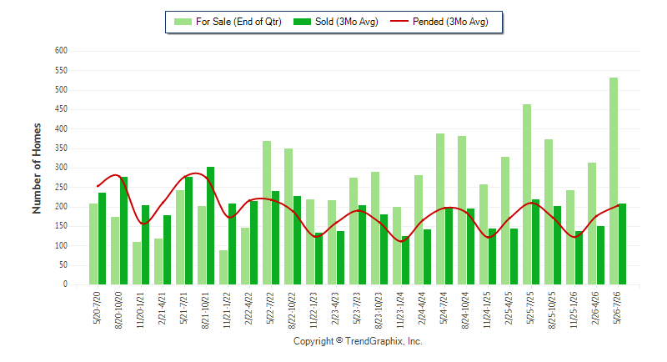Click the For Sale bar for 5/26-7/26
pyautogui.click(x=614, y=181)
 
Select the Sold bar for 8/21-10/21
pyautogui.click(x=211, y=225)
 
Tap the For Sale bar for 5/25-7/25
pyautogui.click(x=527, y=194)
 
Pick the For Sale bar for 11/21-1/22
pyautogui.click(x=223, y=267)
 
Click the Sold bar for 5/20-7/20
pyautogui.click(x=102, y=239)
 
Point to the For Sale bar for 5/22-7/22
pyautogui.click(x=267, y=213)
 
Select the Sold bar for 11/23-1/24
pyautogui.click(x=405, y=260)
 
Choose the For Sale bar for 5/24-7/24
pyautogui.click(x=440, y=209)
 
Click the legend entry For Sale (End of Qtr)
pyautogui.click(x=228, y=22)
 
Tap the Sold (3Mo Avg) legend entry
pyautogui.click(x=336, y=22)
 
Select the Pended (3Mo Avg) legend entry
pyautogui.click(x=439, y=22)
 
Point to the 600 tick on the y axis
pyautogui.click(x=61, y=51)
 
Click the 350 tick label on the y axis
pyautogui.click(x=61, y=148)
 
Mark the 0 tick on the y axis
pyautogui.click(x=65, y=284)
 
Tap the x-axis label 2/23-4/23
pyautogui.click(x=335, y=309)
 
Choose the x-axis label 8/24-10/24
pyautogui.click(x=465, y=310)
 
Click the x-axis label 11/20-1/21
pyautogui.click(x=140, y=310)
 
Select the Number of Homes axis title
pyautogui.click(x=37, y=168)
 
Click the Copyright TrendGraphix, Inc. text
pyautogui.click(x=358, y=341)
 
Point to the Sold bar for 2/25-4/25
pyautogui.click(x=514, y=257)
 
